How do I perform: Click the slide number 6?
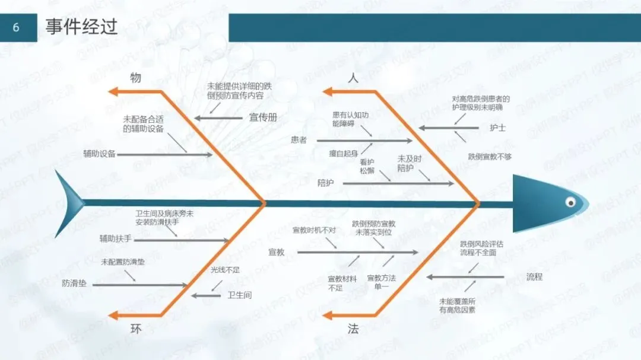[x=16, y=28]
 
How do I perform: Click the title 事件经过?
[x=81, y=27]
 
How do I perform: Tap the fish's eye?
[x=570, y=200]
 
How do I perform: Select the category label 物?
[x=136, y=78]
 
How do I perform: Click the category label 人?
[x=353, y=78]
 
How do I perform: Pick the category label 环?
[x=136, y=329]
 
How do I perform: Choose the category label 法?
[x=353, y=329]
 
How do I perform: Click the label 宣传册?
[x=263, y=117]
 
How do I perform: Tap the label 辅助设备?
[x=99, y=154]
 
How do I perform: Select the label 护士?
[x=497, y=128]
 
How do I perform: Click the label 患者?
[x=299, y=140]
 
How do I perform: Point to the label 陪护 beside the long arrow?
[x=325, y=183]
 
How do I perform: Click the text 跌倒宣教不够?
[x=490, y=157]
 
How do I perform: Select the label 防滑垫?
[x=74, y=283]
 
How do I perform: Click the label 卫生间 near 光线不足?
[x=240, y=295]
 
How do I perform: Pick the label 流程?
[x=534, y=276]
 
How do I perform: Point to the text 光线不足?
[x=225, y=270]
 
